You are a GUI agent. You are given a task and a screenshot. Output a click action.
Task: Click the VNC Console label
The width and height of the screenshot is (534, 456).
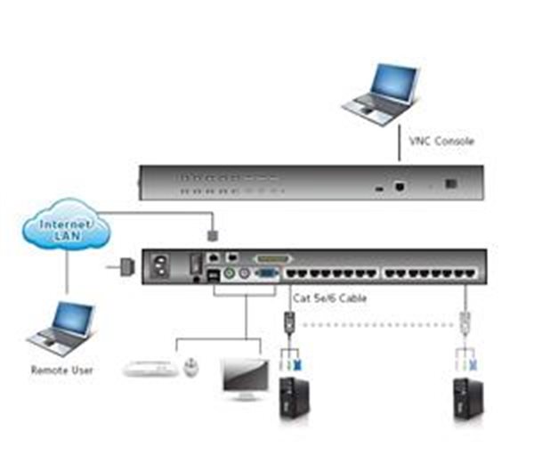point(441,141)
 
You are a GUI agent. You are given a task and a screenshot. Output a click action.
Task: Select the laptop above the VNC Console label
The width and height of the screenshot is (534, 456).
point(381,94)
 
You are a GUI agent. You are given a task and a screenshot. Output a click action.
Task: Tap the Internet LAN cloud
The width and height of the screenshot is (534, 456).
point(67,224)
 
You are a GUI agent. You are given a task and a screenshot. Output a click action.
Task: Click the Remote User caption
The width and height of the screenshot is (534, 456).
point(62,370)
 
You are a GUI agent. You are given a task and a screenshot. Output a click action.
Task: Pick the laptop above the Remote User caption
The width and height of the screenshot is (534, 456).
point(61,329)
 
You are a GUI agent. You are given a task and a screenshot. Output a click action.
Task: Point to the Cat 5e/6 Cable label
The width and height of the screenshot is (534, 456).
point(329,298)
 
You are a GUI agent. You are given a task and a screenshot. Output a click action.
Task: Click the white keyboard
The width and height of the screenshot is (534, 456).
point(150,368)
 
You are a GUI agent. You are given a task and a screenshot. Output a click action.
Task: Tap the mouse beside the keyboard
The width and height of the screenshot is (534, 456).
point(191,367)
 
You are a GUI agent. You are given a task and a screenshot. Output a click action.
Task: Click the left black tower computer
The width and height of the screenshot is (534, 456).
point(294,398)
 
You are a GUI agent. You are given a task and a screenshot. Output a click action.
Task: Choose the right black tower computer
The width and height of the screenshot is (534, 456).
point(468,399)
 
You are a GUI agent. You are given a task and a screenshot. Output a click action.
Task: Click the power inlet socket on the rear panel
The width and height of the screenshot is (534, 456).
point(161,265)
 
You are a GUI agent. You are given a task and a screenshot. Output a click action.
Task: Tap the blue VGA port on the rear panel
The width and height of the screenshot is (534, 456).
point(267,273)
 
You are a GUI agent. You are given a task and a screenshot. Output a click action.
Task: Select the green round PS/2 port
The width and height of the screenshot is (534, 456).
point(230,273)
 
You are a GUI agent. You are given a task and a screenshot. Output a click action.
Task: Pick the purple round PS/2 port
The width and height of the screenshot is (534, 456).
point(244,273)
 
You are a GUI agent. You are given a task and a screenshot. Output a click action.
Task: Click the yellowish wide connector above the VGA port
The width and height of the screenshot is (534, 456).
point(272,259)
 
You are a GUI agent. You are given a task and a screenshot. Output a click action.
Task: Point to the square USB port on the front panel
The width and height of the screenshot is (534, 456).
point(399,186)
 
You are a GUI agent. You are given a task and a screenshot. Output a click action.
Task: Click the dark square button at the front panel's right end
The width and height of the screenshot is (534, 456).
point(451,183)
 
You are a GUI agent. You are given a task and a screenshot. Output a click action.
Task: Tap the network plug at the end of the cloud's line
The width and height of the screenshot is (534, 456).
point(213,235)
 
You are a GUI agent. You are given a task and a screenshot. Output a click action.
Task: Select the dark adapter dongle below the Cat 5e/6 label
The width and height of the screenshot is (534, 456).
point(289,322)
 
